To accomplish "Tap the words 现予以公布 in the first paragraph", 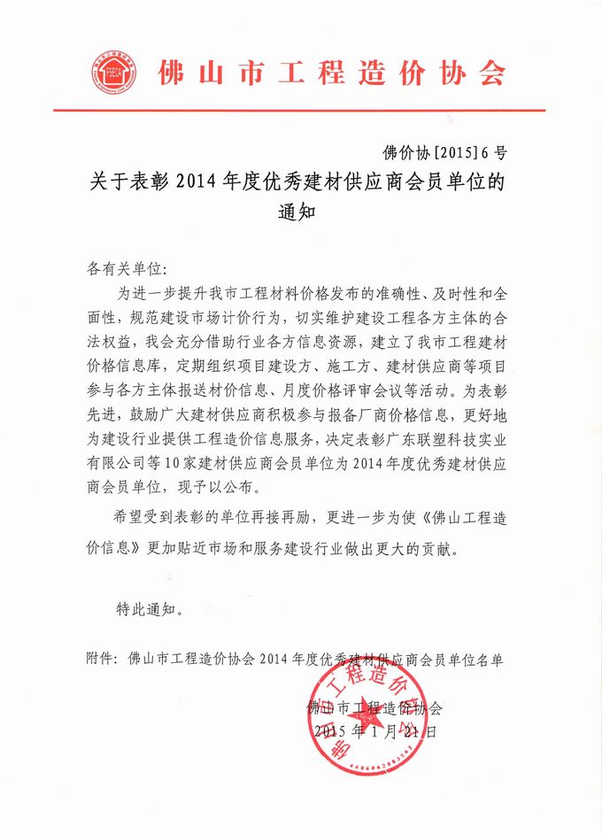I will (x=244, y=486).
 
